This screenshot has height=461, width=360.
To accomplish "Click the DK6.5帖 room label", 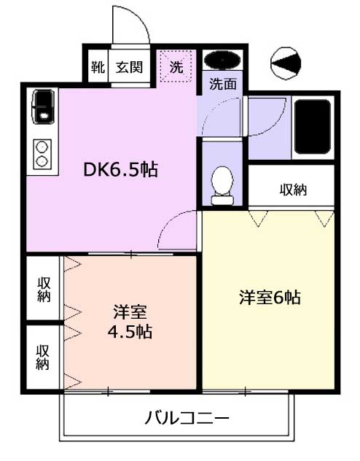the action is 121,169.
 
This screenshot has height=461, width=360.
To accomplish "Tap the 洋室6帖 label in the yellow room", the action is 270,297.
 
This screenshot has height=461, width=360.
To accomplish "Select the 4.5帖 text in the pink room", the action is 130,332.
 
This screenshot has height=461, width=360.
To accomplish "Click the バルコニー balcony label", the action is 187,418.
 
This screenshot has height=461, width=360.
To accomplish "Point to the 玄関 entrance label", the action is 129,67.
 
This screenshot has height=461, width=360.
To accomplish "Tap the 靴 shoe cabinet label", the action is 98,67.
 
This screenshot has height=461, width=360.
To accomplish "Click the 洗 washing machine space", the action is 176,66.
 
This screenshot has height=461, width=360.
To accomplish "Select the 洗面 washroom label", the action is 223,84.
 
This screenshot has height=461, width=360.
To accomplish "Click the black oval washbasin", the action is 222,60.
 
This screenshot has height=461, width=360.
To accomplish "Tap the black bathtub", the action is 313,127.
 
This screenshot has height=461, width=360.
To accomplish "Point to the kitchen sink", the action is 43,106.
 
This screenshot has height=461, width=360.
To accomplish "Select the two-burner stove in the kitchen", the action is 42,154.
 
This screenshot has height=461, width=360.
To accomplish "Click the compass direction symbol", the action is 286,63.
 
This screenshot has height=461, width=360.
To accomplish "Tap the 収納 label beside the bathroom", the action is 293,190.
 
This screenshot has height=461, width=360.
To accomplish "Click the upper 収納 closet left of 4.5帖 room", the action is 44,290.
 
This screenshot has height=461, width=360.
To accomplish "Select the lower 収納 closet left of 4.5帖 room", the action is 43,357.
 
